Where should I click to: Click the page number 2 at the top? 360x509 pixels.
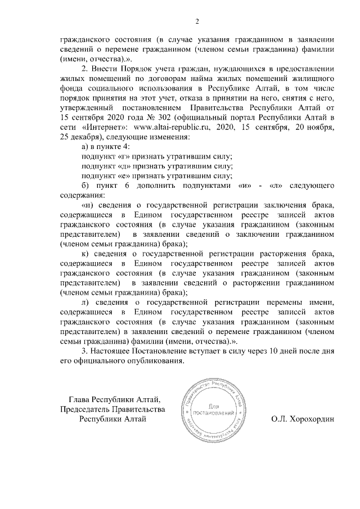pyautogui.click(x=197, y=22)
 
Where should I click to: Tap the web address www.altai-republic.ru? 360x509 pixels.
pyautogui.click(x=165, y=127)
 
